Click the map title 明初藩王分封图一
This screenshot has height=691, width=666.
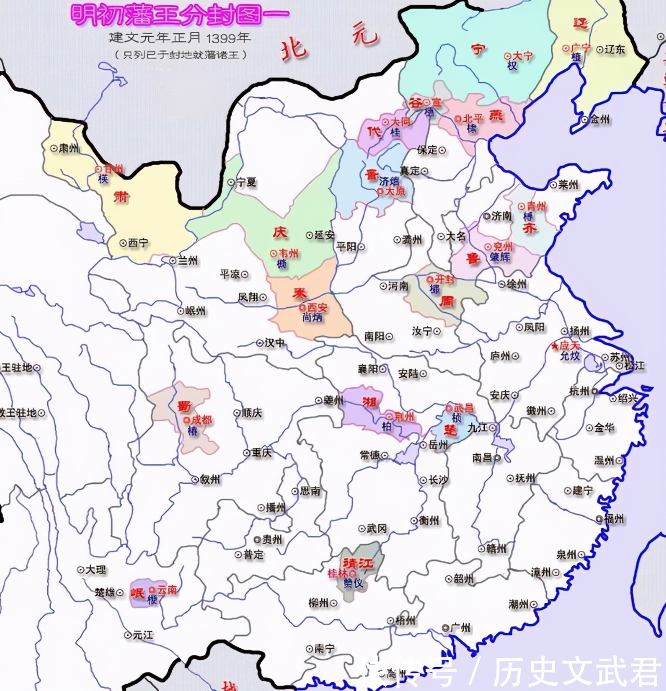pyautogui.click(x=179, y=15)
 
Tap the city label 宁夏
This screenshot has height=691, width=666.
pyautogui.click(x=246, y=183)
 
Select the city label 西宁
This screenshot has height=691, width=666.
pyautogui.click(x=138, y=242)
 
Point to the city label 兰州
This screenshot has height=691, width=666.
pyautogui.click(x=187, y=261)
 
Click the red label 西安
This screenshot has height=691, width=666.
pyautogui.click(x=317, y=308)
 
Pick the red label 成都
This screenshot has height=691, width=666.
pyautogui.click(x=201, y=419)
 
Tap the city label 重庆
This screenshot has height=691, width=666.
pyautogui.click(x=262, y=453)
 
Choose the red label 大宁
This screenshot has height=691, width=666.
pyautogui.click(x=522, y=56)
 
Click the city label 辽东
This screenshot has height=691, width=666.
pyautogui.click(x=614, y=49)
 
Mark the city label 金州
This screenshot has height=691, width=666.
pyautogui.click(x=599, y=119)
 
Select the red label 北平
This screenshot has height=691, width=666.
pyautogui.click(x=473, y=119)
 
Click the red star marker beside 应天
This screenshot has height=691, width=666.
pyautogui.click(x=555, y=345)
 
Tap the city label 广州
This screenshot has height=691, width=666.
pyautogui.click(x=460, y=628)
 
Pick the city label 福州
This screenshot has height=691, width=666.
pyautogui.click(x=614, y=519)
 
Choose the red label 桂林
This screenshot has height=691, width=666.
pyautogui.click(x=337, y=573)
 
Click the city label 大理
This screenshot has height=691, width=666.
pyautogui.click(x=96, y=570)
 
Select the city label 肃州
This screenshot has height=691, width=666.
pyautogui.click(x=69, y=148)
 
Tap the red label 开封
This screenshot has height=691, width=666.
pyautogui.click(x=444, y=279)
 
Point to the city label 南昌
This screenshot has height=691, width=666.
pyautogui.click(x=482, y=458)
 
